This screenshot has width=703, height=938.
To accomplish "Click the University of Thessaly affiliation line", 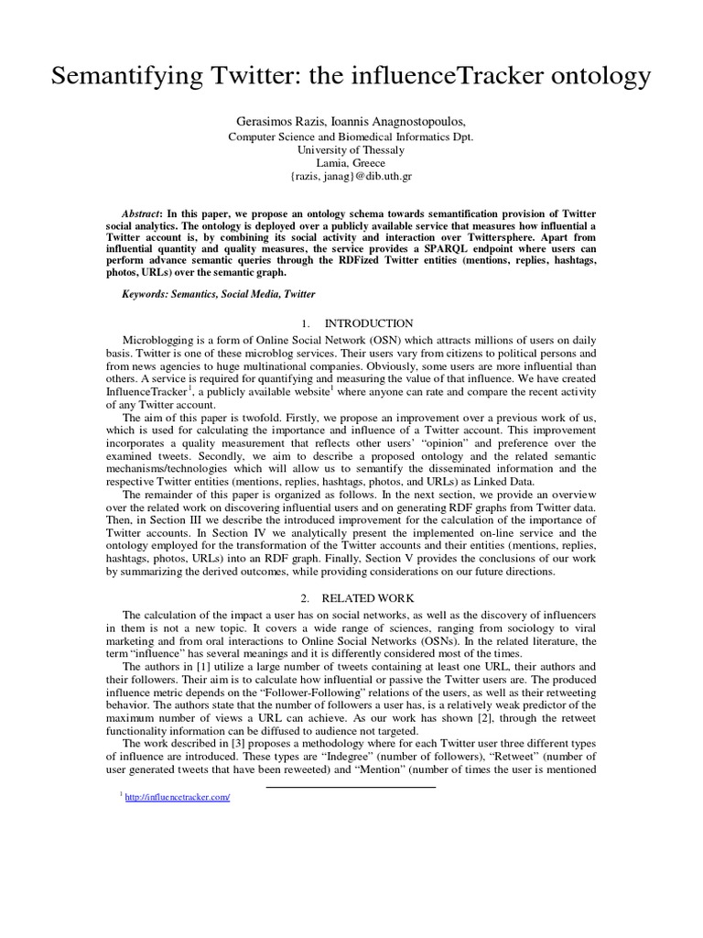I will (x=351, y=149).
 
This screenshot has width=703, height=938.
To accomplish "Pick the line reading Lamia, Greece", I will (x=351, y=163).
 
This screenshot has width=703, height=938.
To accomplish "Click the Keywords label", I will (x=148, y=294).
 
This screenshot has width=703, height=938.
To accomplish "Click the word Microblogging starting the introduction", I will (x=161, y=339).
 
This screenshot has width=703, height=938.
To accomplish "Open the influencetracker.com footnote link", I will (x=179, y=797).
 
